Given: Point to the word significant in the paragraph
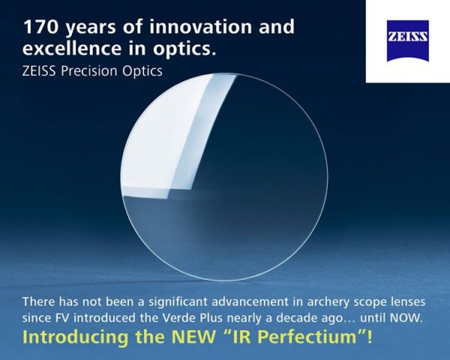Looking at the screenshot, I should coord(147,301).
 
